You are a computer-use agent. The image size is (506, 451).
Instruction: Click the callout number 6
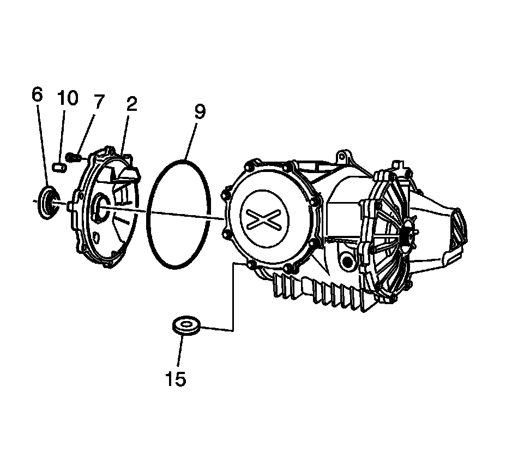point(37,94)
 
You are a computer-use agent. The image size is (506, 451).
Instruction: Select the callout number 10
point(68,98)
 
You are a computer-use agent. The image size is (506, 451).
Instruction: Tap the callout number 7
point(98,102)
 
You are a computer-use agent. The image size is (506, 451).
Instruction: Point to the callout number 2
point(131,104)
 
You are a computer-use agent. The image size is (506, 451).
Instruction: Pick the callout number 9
point(199,112)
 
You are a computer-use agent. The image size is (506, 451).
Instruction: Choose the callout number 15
point(176,378)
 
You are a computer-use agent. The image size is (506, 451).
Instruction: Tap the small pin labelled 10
point(61,166)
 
